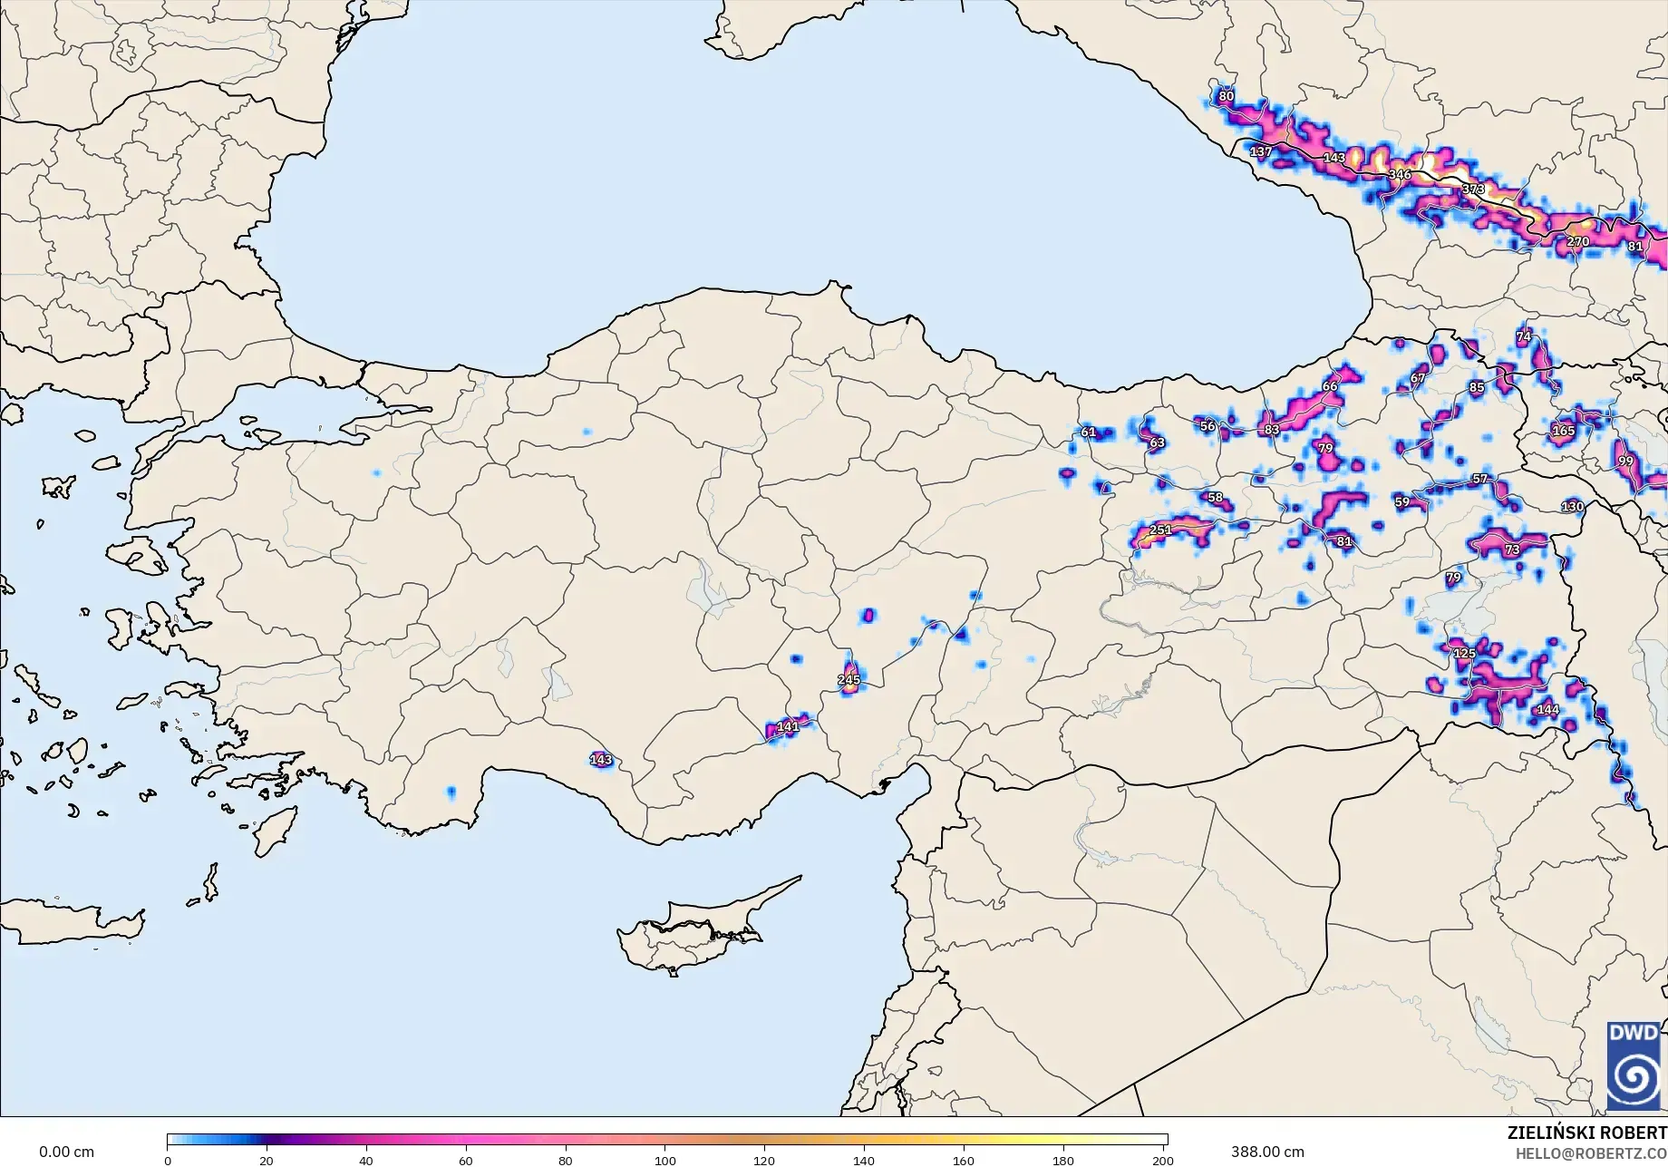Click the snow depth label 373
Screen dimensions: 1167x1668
pos(1473,190)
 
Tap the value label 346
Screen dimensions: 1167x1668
pos(1400,174)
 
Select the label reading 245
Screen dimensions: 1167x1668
pos(849,679)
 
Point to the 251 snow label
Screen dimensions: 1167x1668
pos(1160,530)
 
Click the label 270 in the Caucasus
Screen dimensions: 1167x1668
pos(1578,242)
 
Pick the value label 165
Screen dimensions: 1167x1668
pos(1564,431)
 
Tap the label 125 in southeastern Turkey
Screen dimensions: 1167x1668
pos(1464,654)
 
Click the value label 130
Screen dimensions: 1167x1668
pos(1573,507)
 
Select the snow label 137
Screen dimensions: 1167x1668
pos(1261,151)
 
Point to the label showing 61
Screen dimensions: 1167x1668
pos(1089,432)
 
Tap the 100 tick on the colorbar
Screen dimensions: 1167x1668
pos(665,1161)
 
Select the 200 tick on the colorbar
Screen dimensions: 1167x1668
pos(1162,1161)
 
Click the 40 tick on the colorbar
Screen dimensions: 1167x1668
pos(366,1161)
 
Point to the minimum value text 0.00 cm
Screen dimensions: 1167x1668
pos(66,1152)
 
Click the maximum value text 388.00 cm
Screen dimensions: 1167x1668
pos(1267,1152)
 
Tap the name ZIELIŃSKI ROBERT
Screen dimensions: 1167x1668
pos(1586,1133)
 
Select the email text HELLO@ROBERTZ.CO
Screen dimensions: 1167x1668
pos(1591,1152)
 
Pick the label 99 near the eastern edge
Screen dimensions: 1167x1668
pos(1625,462)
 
